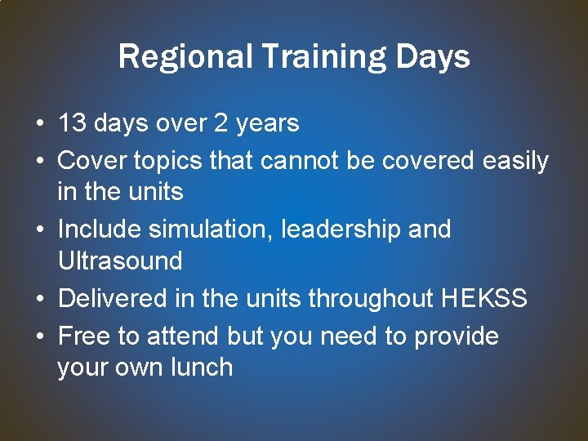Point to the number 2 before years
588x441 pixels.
click(x=220, y=124)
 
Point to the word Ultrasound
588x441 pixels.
click(x=120, y=261)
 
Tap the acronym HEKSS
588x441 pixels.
click(x=484, y=299)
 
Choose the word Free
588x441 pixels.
click(x=86, y=336)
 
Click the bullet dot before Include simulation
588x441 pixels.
click(x=39, y=230)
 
